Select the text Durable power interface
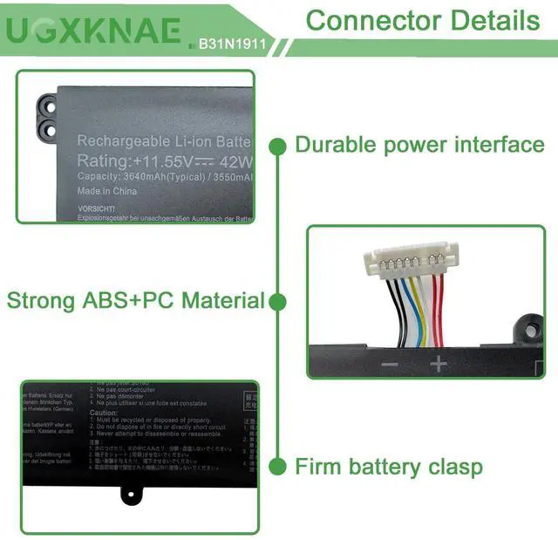419,145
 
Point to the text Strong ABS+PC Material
135,302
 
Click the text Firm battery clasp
388,467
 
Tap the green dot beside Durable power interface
277,145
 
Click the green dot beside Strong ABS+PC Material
277,302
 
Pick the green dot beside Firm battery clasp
277,467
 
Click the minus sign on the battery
390,365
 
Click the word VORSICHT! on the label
96,209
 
